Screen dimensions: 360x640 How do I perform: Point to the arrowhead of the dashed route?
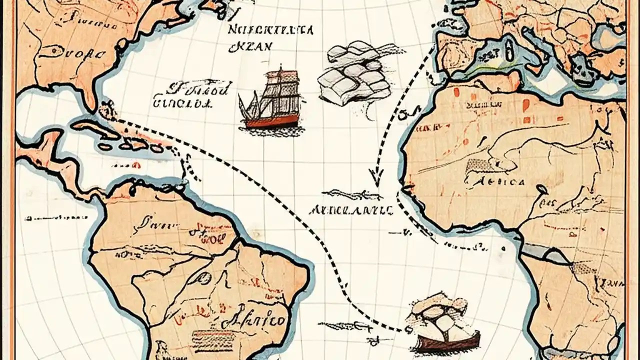tap(375, 177)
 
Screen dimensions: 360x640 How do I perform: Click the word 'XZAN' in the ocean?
tap(249, 46)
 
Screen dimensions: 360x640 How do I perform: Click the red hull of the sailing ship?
tap(270, 122)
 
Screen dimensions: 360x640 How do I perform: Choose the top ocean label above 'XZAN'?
tap(270, 29)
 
